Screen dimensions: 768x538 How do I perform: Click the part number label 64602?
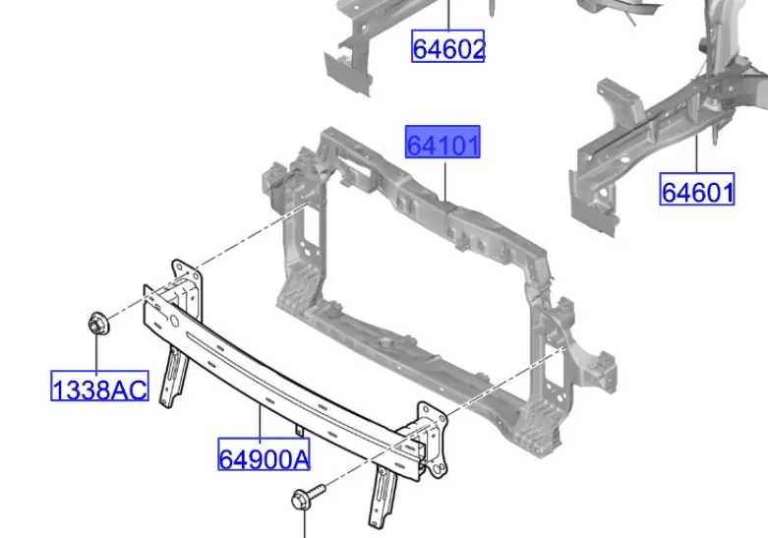coord(447,46)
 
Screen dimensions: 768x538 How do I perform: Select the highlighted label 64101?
coord(443,142)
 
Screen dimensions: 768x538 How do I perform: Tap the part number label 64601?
coord(697,189)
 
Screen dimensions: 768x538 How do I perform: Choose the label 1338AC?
coord(100,387)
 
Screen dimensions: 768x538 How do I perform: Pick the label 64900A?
coord(264,454)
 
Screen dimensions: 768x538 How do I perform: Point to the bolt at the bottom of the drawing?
coord(307,497)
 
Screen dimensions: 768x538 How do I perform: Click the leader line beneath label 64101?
coord(445,182)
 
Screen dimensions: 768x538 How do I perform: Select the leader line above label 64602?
coord(448,15)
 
